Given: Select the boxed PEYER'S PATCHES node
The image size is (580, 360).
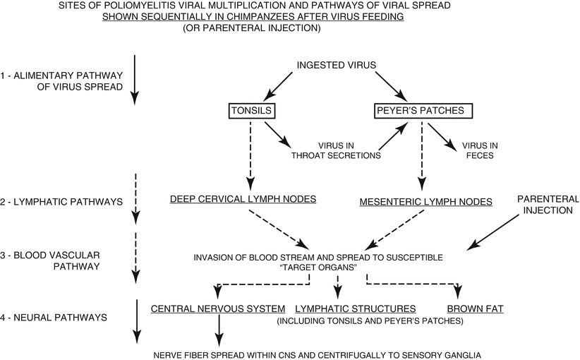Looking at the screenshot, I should point(422,112).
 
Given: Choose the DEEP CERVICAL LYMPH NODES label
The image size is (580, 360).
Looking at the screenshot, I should point(242,200).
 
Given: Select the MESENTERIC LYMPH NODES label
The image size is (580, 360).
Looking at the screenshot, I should point(425,202).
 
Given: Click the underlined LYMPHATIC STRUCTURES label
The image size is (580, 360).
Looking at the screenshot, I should point(355,309).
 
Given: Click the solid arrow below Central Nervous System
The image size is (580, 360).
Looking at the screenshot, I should point(219,328).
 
